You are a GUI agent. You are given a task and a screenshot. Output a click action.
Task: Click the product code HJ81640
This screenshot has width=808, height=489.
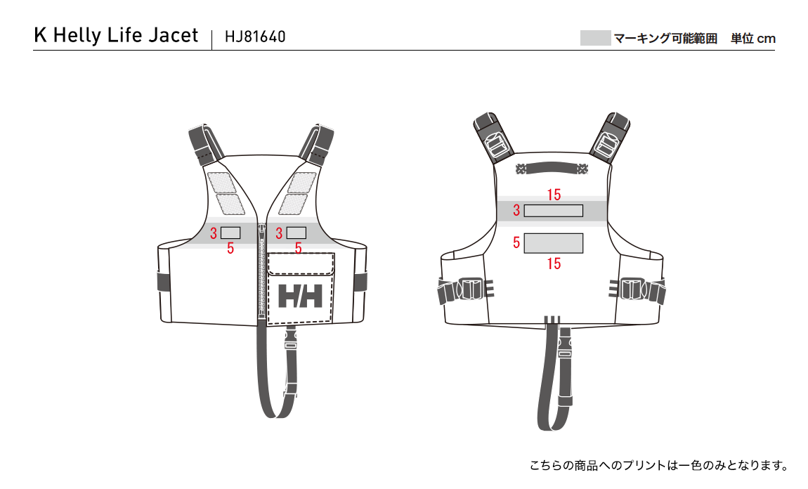255,37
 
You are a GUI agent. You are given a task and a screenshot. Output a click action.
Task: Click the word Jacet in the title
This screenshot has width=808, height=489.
173,36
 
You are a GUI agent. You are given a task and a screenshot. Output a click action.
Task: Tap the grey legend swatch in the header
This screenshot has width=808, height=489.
595,38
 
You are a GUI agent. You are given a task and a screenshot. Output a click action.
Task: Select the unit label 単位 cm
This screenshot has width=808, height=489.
753,38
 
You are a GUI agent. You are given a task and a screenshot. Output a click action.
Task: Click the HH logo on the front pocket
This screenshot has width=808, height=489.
300,296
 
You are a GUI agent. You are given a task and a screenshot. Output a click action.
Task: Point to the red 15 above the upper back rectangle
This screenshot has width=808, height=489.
554,195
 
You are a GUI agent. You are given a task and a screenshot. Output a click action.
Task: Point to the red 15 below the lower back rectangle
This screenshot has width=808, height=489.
554,264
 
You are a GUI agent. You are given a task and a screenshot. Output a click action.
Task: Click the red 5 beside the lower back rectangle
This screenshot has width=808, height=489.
516,242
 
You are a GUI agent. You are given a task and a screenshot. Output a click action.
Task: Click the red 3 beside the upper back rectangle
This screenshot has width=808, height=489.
516,210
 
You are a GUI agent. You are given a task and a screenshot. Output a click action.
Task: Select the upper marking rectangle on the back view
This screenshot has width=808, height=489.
554,211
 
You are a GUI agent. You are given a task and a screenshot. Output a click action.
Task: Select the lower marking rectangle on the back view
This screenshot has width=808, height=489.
554,243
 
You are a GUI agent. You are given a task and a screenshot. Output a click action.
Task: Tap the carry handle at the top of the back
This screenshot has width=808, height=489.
552,168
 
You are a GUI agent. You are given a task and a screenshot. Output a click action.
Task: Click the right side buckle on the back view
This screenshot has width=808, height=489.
637,289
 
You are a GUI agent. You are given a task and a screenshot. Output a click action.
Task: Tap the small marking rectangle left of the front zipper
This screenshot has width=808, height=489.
230,233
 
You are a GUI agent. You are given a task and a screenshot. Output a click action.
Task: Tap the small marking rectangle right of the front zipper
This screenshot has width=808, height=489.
297,233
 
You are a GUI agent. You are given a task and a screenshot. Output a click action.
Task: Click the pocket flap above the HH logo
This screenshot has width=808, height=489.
301,264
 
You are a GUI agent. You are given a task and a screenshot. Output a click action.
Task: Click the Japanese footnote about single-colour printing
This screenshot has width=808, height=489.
659,465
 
